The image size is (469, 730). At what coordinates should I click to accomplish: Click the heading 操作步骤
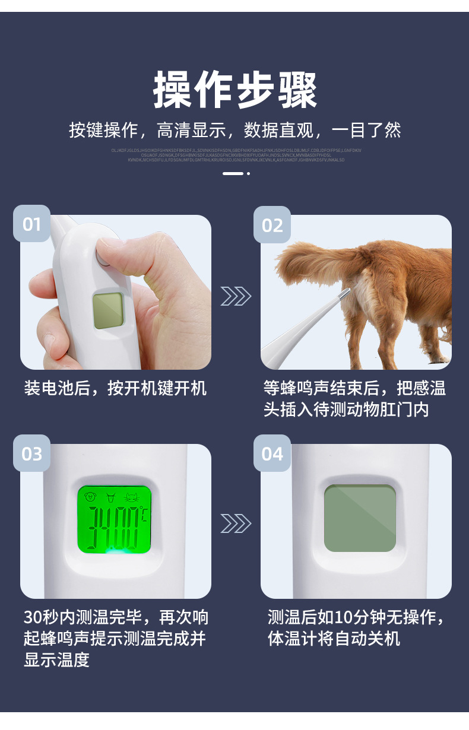(x=235, y=91)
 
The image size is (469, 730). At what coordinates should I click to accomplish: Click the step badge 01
(x=31, y=224)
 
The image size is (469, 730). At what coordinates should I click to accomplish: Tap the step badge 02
(x=272, y=226)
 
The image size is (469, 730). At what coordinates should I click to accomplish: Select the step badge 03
(x=32, y=454)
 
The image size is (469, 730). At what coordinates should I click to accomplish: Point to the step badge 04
(x=272, y=454)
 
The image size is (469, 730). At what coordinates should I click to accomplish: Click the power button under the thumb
(x=103, y=258)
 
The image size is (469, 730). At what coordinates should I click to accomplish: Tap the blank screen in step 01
(x=107, y=310)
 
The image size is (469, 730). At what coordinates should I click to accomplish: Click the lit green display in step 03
(x=114, y=519)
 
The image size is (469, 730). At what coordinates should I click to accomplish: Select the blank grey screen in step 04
(x=360, y=518)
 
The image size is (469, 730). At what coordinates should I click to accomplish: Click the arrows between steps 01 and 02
(x=236, y=296)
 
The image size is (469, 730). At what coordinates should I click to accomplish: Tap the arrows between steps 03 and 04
(x=236, y=523)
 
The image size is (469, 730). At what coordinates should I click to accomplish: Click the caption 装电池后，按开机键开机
(x=115, y=389)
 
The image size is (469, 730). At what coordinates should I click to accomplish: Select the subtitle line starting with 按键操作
(x=235, y=130)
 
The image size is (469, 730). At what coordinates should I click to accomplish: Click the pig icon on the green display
(x=91, y=497)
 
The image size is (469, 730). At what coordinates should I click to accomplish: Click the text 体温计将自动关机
(x=334, y=639)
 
